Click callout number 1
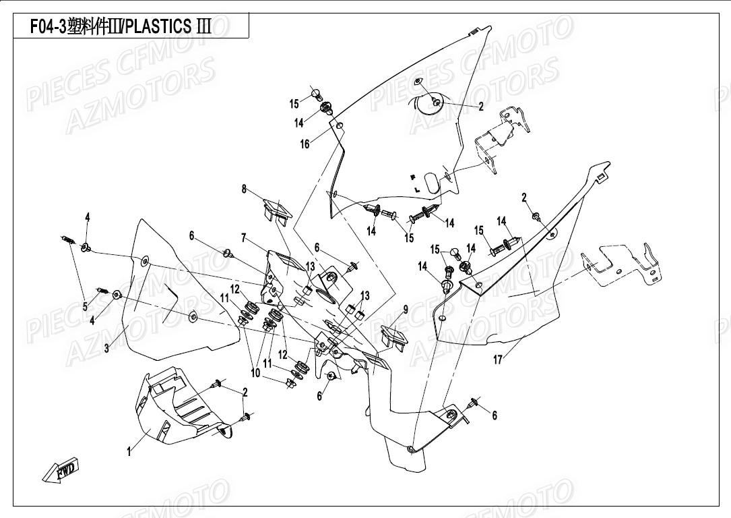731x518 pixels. (129, 453)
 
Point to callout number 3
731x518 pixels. (106, 348)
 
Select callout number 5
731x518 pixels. (86, 307)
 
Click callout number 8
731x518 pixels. (244, 190)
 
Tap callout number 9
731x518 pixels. (406, 310)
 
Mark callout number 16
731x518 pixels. (305, 144)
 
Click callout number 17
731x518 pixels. (497, 359)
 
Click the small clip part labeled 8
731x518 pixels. (276, 210)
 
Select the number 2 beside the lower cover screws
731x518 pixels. (245, 392)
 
